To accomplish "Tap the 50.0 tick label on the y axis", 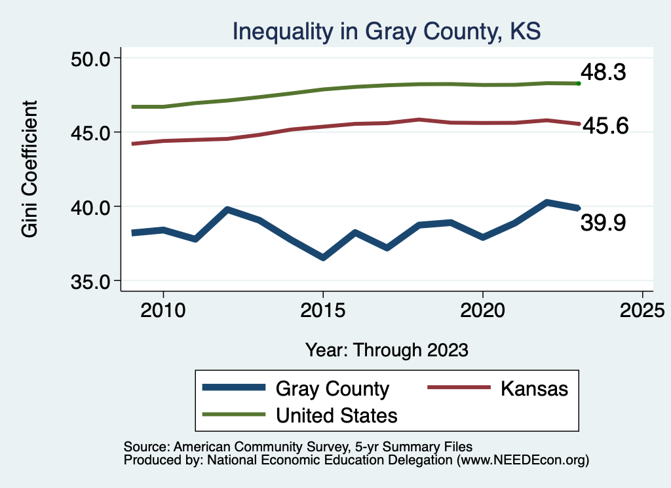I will click(x=91, y=58).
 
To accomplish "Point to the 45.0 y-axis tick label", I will click(x=91, y=132).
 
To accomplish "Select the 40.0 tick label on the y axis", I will click(x=91, y=207).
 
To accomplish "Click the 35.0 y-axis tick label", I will click(x=91, y=281).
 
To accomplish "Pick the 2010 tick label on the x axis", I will click(x=163, y=309).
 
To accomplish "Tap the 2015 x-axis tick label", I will click(x=322, y=309).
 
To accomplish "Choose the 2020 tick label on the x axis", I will click(x=482, y=309).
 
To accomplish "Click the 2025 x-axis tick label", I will click(x=642, y=309).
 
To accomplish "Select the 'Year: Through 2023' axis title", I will click(x=387, y=350).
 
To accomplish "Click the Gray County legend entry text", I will click(x=332, y=388).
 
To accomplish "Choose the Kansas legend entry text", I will click(x=535, y=388).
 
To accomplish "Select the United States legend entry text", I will click(x=337, y=415).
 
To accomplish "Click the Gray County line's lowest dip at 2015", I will click(x=322, y=257).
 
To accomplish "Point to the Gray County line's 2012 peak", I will click(x=227, y=210).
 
